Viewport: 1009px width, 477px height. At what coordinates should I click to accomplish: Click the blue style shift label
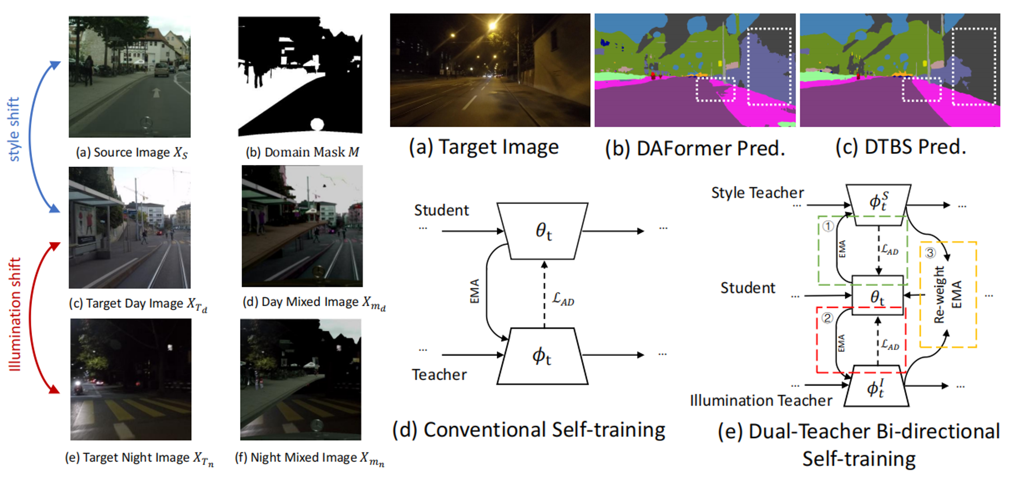click(14, 129)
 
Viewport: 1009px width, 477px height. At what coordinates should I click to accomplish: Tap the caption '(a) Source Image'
click(132, 153)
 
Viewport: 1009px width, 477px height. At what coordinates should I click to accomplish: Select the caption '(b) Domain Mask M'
click(302, 152)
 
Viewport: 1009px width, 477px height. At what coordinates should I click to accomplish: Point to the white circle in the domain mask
click(317, 124)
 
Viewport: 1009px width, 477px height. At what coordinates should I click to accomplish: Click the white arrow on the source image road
click(156, 93)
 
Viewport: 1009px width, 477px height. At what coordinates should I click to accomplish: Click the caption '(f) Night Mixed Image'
click(310, 458)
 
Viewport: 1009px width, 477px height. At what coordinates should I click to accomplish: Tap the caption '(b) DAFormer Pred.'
click(695, 148)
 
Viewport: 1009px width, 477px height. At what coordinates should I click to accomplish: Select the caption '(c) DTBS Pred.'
click(901, 147)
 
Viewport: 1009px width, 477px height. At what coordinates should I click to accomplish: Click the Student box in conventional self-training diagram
click(542, 231)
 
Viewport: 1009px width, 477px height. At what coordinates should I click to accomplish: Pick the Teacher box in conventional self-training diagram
click(542, 356)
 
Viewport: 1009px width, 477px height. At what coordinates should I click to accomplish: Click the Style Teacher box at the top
click(878, 204)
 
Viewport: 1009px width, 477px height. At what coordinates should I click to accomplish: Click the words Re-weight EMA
click(947, 295)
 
